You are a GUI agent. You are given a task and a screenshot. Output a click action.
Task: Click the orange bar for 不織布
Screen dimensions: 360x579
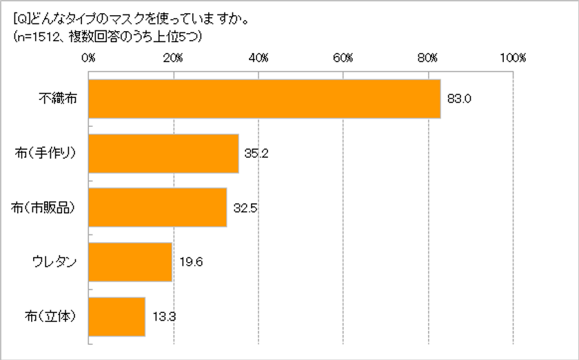[265, 99]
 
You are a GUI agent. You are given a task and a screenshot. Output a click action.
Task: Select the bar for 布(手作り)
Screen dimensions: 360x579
[164, 153]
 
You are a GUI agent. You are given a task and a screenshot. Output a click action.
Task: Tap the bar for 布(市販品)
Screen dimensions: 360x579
[158, 208]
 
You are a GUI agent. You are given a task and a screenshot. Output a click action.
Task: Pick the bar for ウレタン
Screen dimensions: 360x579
[130, 262]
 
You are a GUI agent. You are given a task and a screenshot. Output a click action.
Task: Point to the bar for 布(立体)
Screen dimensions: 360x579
[117, 317]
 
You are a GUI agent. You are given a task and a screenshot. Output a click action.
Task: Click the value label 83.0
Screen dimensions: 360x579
[458, 99]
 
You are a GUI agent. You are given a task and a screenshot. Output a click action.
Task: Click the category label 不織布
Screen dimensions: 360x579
[57, 99]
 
